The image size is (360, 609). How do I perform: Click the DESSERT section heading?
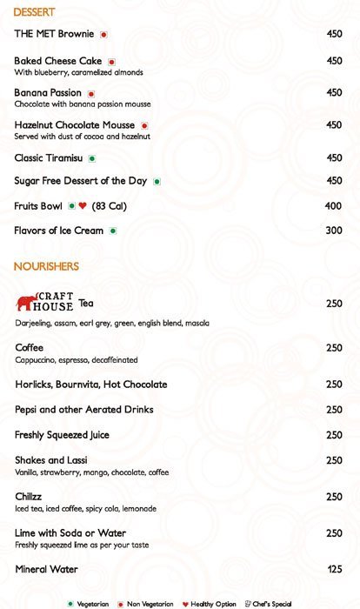click(x=35, y=12)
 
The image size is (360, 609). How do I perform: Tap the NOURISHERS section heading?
click(x=46, y=266)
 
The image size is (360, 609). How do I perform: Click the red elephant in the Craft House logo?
click(x=26, y=302)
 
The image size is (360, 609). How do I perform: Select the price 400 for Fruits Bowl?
click(x=333, y=206)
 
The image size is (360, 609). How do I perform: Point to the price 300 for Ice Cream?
click(x=333, y=231)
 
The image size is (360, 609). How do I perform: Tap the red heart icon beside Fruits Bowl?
click(x=83, y=206)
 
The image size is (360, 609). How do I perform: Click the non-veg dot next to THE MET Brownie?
click(x=103, y=35)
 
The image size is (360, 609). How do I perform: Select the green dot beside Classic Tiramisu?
click(x=91, y=158)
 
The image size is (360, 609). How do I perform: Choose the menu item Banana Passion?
click(x=48, y=92)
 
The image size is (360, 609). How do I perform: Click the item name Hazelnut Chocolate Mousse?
click(x=76, y=125)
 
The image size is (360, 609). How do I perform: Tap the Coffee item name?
click(x=29, y=347)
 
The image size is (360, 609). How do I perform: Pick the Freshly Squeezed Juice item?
click(x=62, y=435)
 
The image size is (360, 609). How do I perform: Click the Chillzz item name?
click(x=30, y=497)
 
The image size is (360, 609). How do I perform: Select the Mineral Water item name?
click(x=46, y=569)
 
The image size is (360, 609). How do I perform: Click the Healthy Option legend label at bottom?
click(x=213, y=604)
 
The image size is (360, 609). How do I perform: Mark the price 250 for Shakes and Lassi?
click(x=333, y=460)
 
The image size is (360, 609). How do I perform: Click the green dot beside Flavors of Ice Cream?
click(x=113, y=231)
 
